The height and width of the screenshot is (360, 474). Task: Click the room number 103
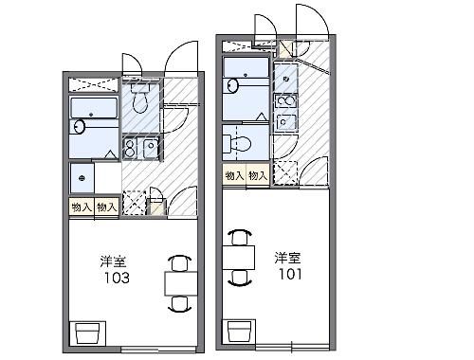click(118, 279)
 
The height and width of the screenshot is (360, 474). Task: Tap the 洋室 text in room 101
click(290, 258)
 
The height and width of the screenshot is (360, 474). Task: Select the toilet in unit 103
click(140, 99)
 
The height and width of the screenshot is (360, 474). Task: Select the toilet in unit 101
click(239, 144)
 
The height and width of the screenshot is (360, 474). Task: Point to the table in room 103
click(179, 282)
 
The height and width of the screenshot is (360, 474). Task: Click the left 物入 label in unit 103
click(82, 207)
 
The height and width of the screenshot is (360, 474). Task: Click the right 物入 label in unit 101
click(257, 175)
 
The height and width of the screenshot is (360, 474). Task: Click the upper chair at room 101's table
click(241, 236)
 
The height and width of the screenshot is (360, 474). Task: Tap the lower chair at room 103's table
click(179, 303)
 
